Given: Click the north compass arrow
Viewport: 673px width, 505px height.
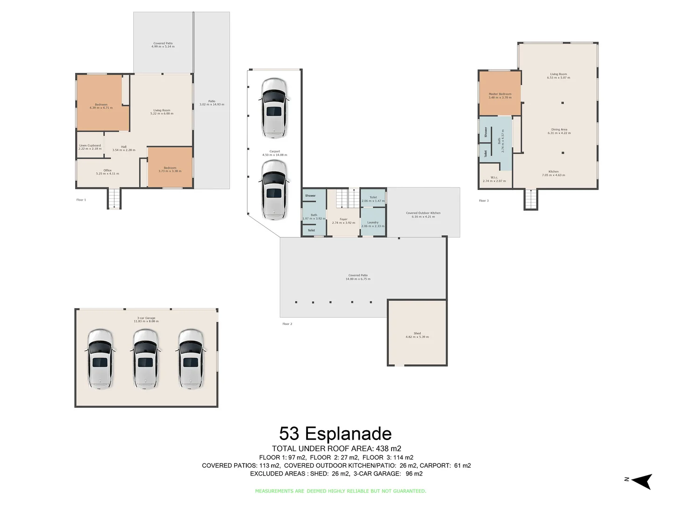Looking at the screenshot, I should [642, 481].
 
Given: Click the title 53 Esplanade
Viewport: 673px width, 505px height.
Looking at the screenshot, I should [335, 434].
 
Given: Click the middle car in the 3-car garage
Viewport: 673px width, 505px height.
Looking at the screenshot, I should [145, 359].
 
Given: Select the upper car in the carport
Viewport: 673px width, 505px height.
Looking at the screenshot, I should [274, 108].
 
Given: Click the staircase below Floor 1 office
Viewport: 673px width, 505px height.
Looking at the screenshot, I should [114, 199].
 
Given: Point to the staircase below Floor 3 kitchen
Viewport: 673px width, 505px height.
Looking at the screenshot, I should [530, 200].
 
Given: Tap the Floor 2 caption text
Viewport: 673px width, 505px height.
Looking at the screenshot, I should [287, 324].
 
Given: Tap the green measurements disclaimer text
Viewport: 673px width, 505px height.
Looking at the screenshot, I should [340, 491].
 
